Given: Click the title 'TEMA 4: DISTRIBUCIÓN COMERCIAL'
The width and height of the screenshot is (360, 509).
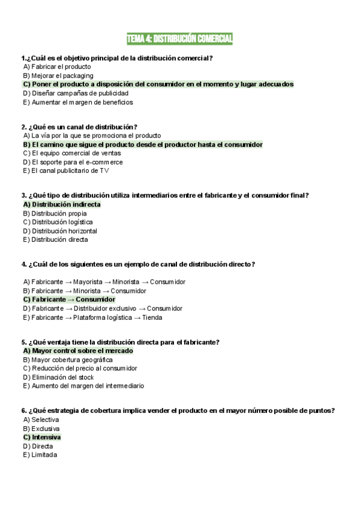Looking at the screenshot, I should coord(179,39).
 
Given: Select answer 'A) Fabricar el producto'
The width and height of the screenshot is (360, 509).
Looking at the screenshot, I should coord(57,67).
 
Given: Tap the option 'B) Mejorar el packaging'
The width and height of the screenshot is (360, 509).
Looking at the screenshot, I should coord(58,76).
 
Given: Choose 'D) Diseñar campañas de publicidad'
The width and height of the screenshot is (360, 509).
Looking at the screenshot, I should coord(76,93).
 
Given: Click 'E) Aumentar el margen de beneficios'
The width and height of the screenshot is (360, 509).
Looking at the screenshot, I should coord(78,102).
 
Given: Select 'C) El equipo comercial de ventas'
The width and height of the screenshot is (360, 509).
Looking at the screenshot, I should coord(72,153).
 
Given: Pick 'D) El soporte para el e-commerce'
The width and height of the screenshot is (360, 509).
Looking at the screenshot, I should coord(73,162).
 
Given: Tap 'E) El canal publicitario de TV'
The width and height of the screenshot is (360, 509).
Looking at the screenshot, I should coord(66,170).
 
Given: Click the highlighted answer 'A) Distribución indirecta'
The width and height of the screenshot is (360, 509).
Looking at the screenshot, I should coord(62,204).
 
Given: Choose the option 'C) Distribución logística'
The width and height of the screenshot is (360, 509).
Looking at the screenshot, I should coord(58,222).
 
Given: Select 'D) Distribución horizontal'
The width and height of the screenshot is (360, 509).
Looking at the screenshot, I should coord(60,231).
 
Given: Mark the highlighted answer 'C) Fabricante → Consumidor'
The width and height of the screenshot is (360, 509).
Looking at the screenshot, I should coord(69,300).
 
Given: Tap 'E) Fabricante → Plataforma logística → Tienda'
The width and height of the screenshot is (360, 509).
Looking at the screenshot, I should coord(92,318).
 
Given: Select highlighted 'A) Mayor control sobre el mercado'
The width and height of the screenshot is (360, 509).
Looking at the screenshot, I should coord(78,351).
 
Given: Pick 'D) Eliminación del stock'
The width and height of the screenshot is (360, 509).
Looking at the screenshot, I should coord(58,377).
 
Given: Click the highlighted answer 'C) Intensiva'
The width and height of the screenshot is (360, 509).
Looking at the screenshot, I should coord(42,437).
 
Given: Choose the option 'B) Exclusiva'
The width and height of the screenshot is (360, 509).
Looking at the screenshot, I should coord(41,429).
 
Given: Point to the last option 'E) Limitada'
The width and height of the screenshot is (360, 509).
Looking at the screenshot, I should coord(40,455).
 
